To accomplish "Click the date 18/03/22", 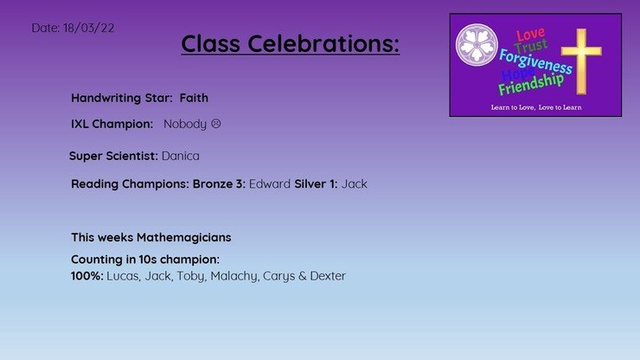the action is click(x=88, y=28).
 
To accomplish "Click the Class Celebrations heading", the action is click(x=291, y=43).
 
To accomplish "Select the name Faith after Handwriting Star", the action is click(x=194, y=98).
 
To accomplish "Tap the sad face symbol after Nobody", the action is click(x=216, y=124).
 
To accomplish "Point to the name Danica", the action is click(x=181, y=156).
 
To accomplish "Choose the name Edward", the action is click(x=269, y=183).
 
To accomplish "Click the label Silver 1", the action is click(x=316, y=183).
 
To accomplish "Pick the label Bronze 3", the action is click(x=219, y=183).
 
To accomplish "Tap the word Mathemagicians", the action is click(x=183, y=237).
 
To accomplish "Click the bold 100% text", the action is click(x=87, y=276).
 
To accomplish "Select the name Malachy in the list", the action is click(x=234, y=276).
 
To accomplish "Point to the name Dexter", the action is click(x=328, y=276).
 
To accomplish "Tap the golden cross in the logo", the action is click(x=581, y=61).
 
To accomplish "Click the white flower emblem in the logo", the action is click(x=477, y=44).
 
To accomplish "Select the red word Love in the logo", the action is click(x=531, y=35).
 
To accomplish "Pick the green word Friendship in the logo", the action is click(x=531, y=84).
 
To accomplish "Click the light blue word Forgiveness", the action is click(x=535, y=61).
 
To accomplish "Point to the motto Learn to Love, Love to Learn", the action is click(x=536, y=107).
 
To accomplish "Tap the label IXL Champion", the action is click(x=112, y=124).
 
